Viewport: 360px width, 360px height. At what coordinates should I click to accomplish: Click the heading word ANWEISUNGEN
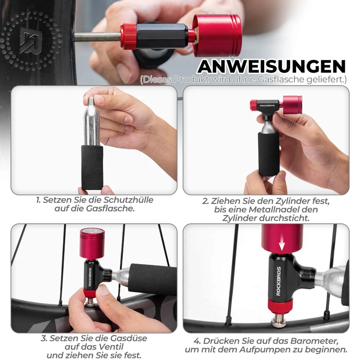click(x=272, y=67)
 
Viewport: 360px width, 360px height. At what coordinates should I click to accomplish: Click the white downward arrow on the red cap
click(x=282, y=244)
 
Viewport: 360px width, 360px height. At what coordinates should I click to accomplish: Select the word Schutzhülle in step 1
click(x=128, y=200)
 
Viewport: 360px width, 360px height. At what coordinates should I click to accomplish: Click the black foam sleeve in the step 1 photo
click(x=92, y=167)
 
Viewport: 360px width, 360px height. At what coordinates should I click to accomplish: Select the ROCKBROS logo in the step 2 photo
click(x=267, y=106)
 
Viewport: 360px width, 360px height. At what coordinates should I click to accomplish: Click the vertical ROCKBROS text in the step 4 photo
click(x=279, y=281)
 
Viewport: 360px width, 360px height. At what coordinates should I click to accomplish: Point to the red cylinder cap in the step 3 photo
click(x=92, y=243)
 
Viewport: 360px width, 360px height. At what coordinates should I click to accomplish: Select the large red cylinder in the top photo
click(x=217, y=36)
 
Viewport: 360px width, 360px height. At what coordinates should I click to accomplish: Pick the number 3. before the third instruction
click(x=44, y=338)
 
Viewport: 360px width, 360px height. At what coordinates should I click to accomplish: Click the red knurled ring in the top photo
click(x=129, y=36)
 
